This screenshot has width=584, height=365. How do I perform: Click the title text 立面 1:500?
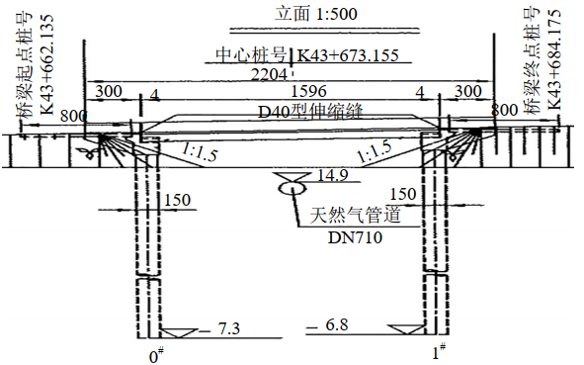pos(316,14)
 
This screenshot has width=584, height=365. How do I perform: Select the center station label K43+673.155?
pos(347,55)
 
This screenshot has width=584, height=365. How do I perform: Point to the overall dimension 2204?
pos(269,74)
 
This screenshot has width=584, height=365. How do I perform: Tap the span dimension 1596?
pos(308,91)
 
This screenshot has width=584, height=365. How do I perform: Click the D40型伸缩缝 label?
pos(310,111)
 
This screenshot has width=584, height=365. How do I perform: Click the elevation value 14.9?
pos(333,175)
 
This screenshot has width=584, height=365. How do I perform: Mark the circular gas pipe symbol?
pos(292,187)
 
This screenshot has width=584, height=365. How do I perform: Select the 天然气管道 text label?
pos(356,215)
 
